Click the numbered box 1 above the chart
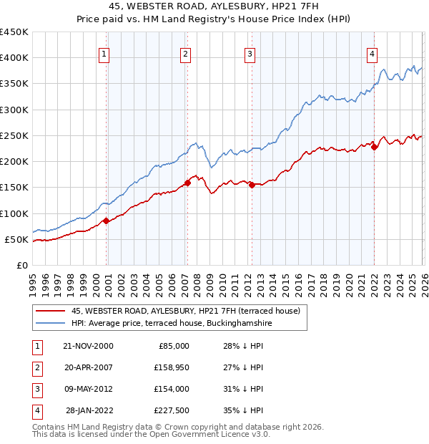(x=104, y=53)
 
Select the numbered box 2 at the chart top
(x=185, y=53)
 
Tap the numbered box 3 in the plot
(x=250, y=53)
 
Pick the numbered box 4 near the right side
(x=373, y=53)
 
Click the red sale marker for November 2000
(x=107, y=221)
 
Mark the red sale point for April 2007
(x=187, y=183)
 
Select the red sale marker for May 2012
(x=252, y=185)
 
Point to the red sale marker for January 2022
(x=374, y=148)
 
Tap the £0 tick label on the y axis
(x=22, y=265)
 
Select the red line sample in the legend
(x=51, y=311)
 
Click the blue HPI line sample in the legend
(x=51, y=323)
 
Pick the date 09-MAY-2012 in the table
(x=88, y=389)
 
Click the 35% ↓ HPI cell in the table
(x=243, y=410)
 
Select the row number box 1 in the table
(x=36, y=346)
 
